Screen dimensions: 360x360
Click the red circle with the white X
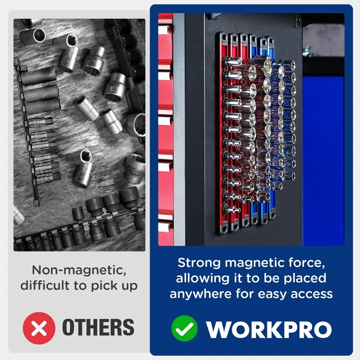[39, 328]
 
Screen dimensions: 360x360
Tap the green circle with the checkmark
[184, 328]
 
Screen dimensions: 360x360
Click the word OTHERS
[98, 327]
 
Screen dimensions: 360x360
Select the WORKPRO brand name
[269, 329]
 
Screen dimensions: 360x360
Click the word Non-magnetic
[79, 270]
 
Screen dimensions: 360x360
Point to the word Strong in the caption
[199, 263]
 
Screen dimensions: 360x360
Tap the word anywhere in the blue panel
[201, 294]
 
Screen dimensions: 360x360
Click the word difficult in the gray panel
[45, 285]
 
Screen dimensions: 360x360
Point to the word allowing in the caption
[202, 279]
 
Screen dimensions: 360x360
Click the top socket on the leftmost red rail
[232, 62]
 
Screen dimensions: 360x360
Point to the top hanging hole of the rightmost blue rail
[271, 41]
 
